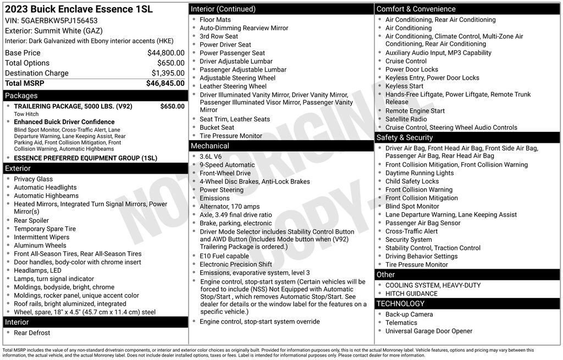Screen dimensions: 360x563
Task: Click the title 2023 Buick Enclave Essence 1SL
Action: point(79,9)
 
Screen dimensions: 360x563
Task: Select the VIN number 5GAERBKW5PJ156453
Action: point(59,20)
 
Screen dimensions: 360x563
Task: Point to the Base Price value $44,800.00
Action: point(165,53)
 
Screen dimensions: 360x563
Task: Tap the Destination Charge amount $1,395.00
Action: point(168,73)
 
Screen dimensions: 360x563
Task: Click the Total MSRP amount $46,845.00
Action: point(165,84)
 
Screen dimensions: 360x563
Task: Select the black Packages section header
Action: point(95,96)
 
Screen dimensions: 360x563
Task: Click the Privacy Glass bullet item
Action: point(34,179)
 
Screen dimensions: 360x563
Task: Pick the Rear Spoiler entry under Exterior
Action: point(31,220)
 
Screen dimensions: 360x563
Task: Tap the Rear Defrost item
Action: point(32,333)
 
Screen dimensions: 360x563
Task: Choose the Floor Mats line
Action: point(215,20)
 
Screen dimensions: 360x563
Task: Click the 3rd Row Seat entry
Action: point(219,36)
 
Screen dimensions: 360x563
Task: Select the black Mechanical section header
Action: point(281,146)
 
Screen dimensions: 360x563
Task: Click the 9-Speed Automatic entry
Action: point(227,165)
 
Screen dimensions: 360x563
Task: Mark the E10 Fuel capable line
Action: point(224,256)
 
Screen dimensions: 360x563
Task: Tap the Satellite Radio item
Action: point(406,119)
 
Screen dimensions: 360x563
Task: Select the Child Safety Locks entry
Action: point(412,181)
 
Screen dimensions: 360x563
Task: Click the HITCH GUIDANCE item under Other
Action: point(411,293)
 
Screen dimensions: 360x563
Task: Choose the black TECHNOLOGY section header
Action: point(467,303)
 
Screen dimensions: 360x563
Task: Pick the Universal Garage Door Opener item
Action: point(429,331)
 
